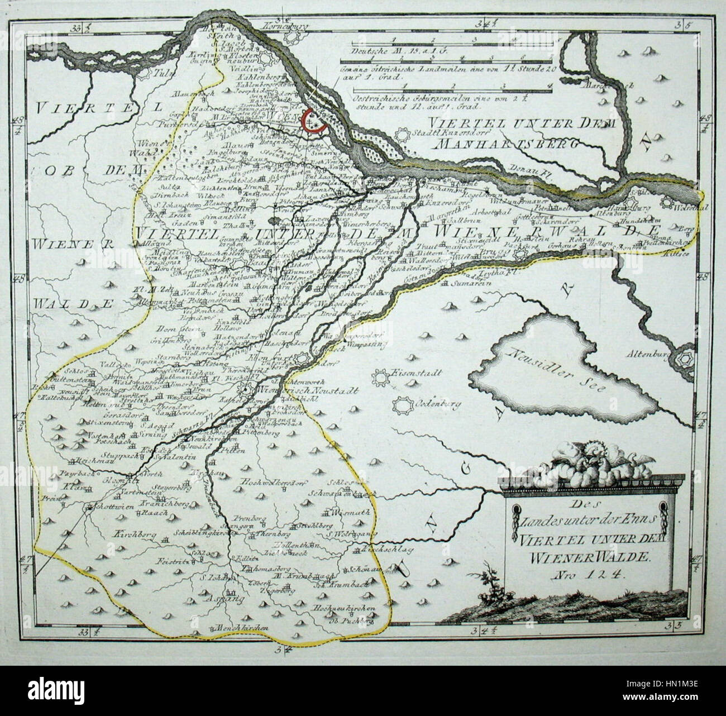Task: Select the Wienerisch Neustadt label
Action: (313, 390)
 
